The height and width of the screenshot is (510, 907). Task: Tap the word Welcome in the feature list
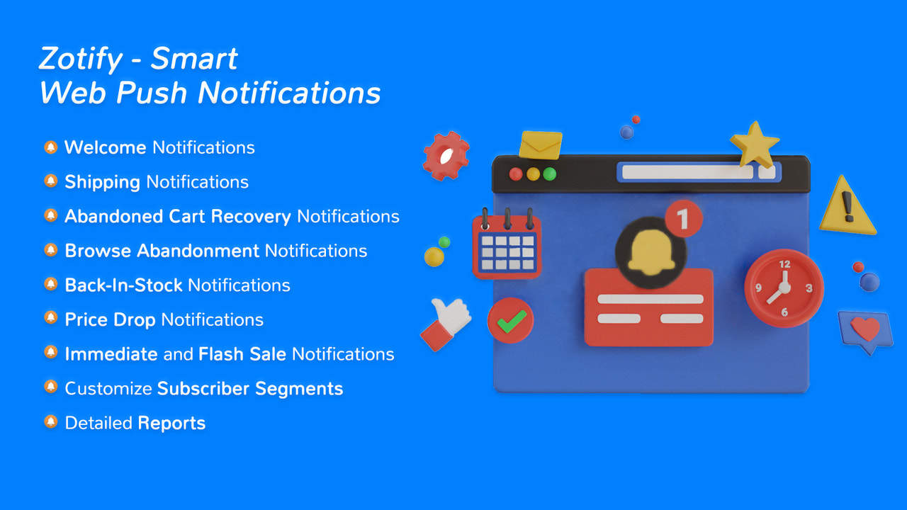coord(105,147)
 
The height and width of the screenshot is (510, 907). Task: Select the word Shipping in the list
coord(102,182)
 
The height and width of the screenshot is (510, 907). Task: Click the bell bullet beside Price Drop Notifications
coord(50,319)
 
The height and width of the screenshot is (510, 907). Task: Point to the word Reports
coord(171,424)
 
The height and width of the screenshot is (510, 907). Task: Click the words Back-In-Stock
coord(123,285)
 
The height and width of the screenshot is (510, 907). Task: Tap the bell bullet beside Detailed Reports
coord(50,422)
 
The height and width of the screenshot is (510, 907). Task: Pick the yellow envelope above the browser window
coord(541,144)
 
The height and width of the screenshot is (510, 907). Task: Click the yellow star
coord(755,143)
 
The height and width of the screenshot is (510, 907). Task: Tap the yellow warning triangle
coord(847,208)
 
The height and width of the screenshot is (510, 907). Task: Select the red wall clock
coord(784,288)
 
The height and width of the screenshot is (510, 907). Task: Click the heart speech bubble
coord(864,330)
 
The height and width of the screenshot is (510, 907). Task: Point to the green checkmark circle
coord(510,321)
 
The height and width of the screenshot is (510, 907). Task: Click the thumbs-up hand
coord(446,322)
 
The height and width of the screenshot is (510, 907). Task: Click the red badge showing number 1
coord(683,219)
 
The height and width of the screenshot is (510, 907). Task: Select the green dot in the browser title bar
coord(549,174)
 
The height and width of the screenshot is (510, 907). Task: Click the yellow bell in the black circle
coord(650,251)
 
